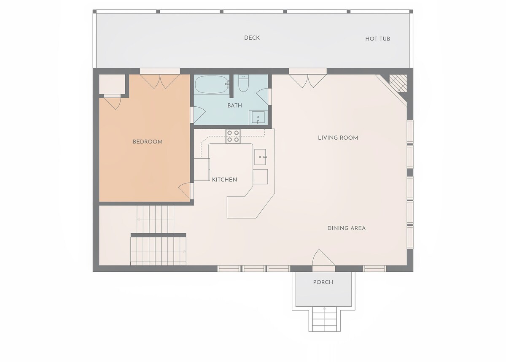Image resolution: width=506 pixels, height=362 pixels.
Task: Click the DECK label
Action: [252, 38]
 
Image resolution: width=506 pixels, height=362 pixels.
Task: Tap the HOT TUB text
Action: [378, 39]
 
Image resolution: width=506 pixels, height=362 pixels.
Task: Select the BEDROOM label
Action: [148, 142]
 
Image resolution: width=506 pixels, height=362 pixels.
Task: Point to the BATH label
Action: [235, 105]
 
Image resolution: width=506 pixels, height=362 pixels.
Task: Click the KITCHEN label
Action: [224, 180]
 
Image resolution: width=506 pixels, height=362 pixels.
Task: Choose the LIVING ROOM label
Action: [338, 138]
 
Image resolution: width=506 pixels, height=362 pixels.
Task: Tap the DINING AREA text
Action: [347, 228]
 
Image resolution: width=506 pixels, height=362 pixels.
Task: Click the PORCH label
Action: [323, 282]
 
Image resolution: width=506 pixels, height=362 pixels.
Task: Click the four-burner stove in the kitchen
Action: [233, 136]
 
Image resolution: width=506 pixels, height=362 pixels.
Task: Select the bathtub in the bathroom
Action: [211, 84]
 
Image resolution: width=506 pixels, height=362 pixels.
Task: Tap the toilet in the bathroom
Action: [243, 83]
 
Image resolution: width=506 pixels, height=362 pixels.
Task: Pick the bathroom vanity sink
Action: [258, 117]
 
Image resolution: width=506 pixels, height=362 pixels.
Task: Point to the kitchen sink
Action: [260, 157]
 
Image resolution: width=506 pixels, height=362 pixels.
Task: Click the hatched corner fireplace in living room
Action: [398, 83]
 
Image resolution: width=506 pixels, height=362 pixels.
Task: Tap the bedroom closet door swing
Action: [113, 104]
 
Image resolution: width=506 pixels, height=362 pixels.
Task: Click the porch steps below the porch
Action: [325, 319]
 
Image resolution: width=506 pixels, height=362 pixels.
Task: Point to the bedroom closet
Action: [112, 84]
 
